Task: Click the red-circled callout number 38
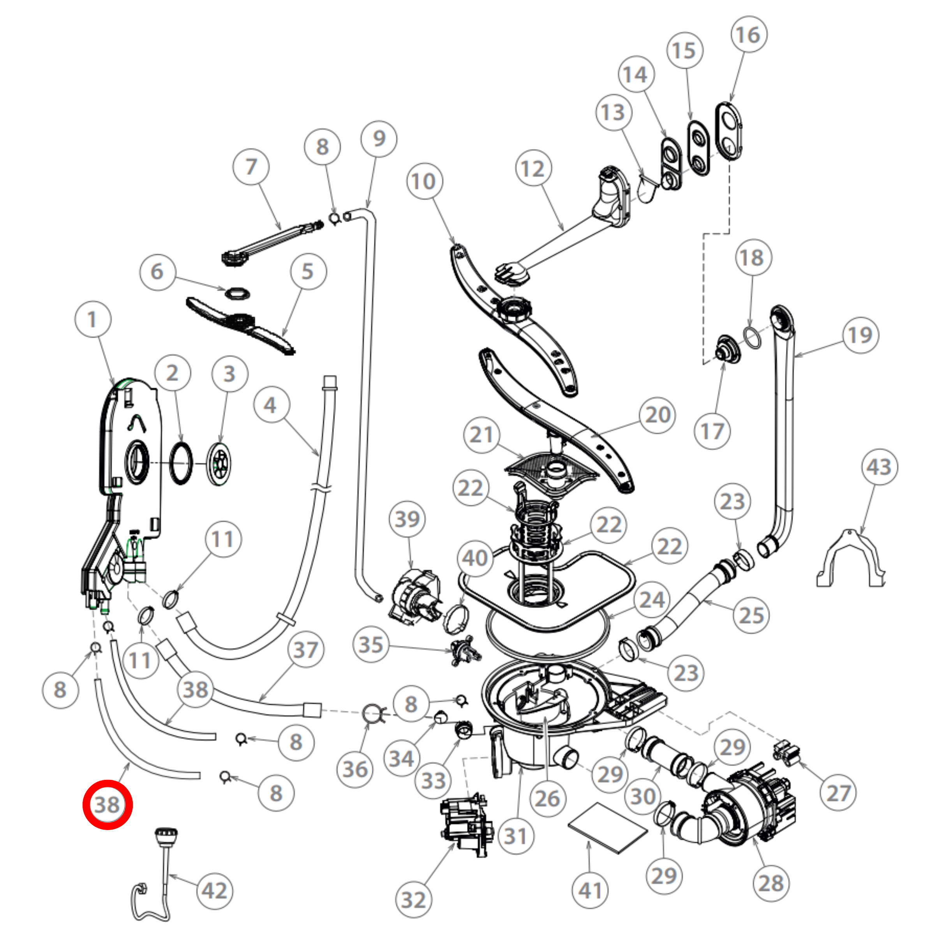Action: (107, 804)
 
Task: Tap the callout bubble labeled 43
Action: (879, 467)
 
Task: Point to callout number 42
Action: (214, 890)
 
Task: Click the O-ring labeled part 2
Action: (181, 463)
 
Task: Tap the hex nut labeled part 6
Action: (237, 293)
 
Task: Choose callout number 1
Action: (93, 319)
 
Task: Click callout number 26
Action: (547, 799)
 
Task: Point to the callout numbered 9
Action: (379, 138)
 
